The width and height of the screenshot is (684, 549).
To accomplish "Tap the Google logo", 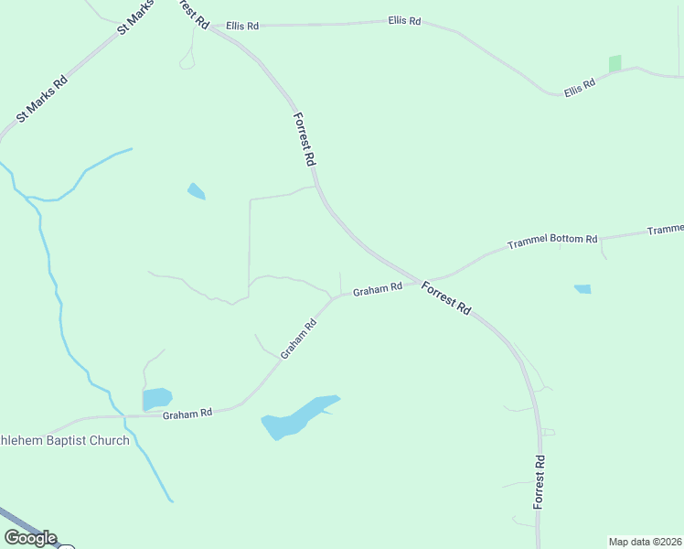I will click(x=30, y=538).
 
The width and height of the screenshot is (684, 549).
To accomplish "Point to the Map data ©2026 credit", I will click(x=645, y=541).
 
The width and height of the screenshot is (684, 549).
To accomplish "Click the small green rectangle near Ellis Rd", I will click(x=615, y=64).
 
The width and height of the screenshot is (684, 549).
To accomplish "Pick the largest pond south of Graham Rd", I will click(x=297, y=416).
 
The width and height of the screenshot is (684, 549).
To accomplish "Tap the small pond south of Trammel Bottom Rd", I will click(x=582, y=289).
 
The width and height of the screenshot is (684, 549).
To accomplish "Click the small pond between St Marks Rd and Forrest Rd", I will click(x=196, y=191).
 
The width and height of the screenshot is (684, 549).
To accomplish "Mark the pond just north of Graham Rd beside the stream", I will click(x=156, y=399).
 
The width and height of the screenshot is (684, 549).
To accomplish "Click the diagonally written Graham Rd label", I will click(x=298, y=339).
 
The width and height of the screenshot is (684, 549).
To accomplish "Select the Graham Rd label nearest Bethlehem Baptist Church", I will click(x=187, y=414).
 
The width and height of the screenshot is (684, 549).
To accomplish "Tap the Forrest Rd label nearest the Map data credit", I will click(x=540, y=482).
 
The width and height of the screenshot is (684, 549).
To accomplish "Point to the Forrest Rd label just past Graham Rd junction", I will click(x=446, y=298).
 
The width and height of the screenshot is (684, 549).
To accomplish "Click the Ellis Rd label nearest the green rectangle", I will click(x=579, y=87).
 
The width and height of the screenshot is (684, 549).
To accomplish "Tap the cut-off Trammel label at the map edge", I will click(x=666, y=230).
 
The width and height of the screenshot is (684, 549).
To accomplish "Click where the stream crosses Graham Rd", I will click(x=124, y=415).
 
